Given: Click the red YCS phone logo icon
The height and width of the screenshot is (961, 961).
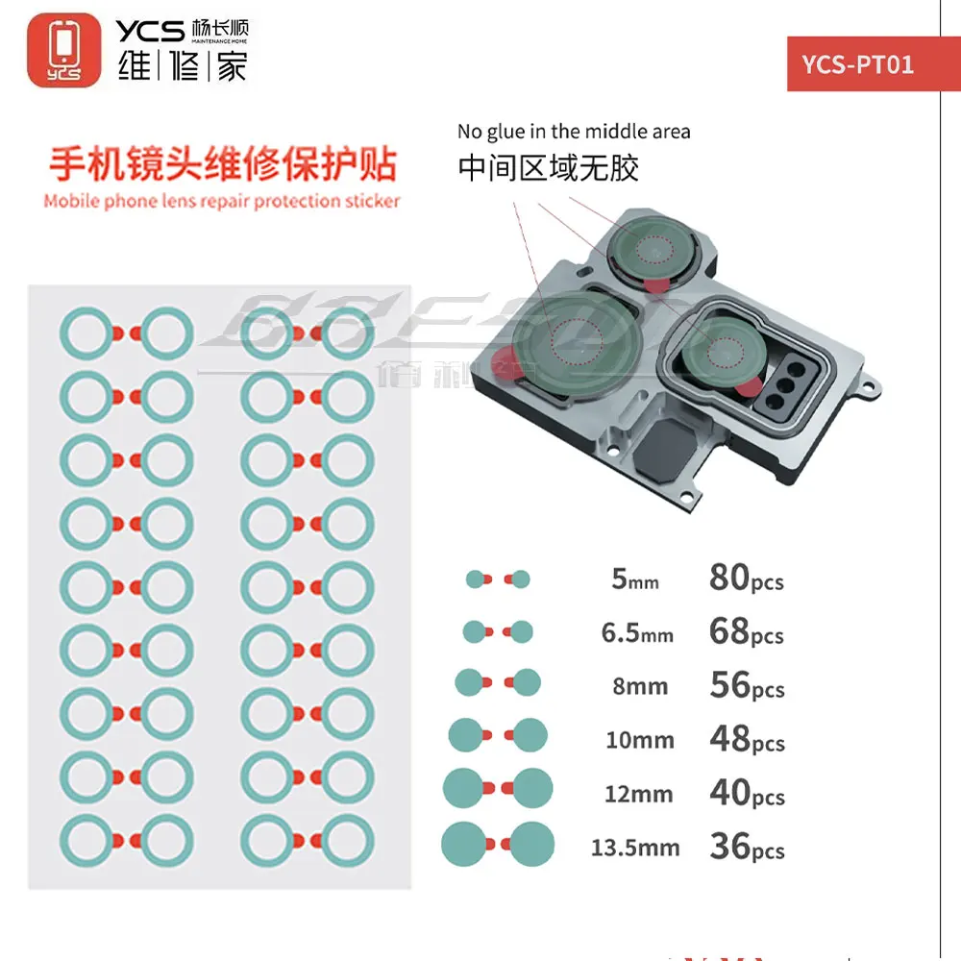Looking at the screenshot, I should click(64, 50).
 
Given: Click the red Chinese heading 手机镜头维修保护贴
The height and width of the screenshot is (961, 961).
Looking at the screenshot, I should click(222, 163).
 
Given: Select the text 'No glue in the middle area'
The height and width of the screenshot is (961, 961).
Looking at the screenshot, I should click(574, 132).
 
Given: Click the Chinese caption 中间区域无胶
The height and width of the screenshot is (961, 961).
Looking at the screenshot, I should click(548, 168).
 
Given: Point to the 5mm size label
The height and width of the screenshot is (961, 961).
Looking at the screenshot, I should click(635, 579).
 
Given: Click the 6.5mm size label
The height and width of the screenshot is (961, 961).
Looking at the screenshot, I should click(637, 633).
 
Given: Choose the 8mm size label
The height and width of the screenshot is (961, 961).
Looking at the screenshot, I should click(639, 686).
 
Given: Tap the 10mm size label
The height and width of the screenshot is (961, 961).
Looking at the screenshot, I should click(639, 740).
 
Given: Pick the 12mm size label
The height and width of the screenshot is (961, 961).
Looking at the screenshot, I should click(639, 794).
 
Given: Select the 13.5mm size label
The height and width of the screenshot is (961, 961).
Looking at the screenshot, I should click(635, 848).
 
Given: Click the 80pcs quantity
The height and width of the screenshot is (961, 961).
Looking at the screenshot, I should click(747, 578).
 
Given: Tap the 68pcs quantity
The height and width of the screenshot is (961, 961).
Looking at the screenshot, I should click(747, 631).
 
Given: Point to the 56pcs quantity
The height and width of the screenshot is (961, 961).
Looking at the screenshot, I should click(747, 685).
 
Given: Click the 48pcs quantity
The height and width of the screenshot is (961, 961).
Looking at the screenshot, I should click(747, 739).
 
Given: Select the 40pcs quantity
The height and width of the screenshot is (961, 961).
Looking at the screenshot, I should click(747, 793).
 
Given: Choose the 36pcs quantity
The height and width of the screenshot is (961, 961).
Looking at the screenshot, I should click(747, 847).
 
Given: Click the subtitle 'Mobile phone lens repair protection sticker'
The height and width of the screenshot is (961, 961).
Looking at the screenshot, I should click(222, 202).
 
